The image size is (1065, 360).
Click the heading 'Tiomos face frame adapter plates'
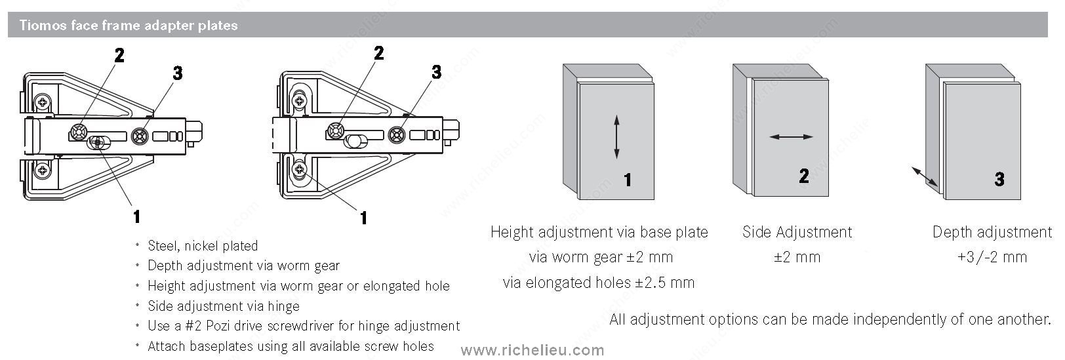[x=129, y=25]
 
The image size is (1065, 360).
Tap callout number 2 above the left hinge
[x=119, y=56]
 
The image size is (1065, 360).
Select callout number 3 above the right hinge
[x=437, y=72]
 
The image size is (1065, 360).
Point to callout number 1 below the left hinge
[x=137, y=216]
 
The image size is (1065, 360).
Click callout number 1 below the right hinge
[x=364, y=218]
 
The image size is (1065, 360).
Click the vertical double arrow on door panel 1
[x=616, y=136]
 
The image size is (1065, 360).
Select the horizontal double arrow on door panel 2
[x=791, y=137]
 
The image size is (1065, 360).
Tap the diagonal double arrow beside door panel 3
[x=925, y=176]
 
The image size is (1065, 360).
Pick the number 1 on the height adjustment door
[x=628, y=180]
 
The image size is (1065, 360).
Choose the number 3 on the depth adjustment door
[x=999, y=179]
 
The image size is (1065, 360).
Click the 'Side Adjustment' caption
[x=797, y=232]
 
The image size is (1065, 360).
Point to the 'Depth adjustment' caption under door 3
[x=992, y=232]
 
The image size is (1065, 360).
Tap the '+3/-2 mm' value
[x=992, y=257]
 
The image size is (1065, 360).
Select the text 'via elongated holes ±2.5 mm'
[x=599, y=283]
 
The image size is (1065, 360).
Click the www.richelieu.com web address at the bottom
[x=532, y=350]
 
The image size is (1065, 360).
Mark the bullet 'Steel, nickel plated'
[x=203, y=245]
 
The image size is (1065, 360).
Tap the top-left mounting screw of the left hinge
[x=43, y=101]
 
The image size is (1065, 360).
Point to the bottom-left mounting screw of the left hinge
[x=43, y=170]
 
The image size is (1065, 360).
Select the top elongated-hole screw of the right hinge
[x=300, y=101]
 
